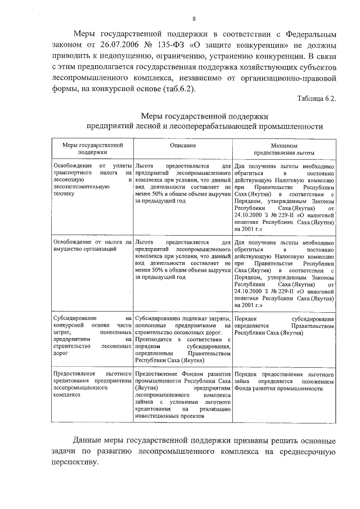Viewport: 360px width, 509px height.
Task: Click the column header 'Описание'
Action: coord(183,146)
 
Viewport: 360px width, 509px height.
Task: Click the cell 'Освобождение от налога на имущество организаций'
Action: coord(90,245)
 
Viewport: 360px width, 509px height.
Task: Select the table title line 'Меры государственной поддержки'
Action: coord(209,115)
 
